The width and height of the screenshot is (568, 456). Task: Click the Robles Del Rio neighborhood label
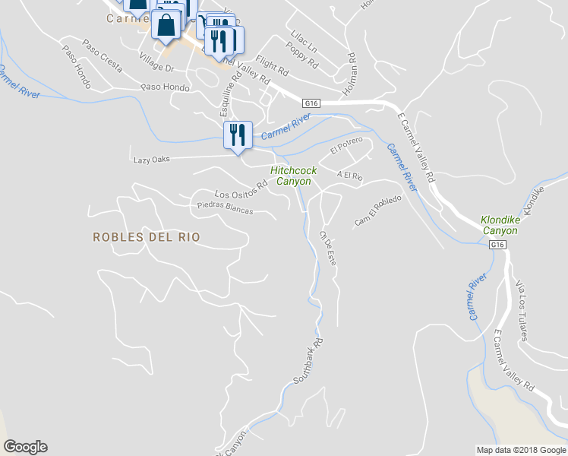[147, 237]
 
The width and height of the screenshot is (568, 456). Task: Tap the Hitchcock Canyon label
[293, 176]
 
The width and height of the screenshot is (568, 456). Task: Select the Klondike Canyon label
[500, 225]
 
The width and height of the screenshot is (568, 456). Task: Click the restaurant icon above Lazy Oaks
[238, 135]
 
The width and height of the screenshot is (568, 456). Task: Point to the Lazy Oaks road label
[151, 160]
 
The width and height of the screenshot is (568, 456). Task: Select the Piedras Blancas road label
[224, 207]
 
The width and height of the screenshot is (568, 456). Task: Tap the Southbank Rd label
[308, 360]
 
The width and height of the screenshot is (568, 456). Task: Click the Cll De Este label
[328, 248]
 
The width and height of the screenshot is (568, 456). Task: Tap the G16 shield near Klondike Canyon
[497, 245]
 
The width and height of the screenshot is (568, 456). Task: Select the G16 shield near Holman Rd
[311, 103]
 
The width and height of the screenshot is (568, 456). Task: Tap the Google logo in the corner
[25, 447]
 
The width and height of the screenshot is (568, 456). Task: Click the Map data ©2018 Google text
[520, 450]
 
